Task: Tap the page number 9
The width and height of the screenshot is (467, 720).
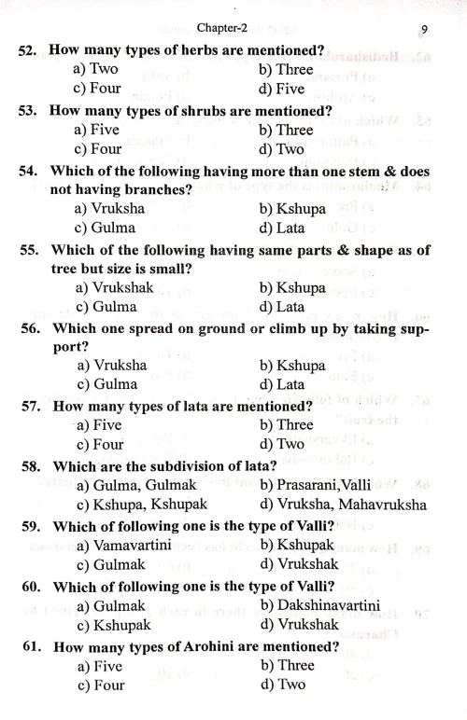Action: (424, 27)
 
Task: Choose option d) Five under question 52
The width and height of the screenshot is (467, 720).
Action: (282, 90)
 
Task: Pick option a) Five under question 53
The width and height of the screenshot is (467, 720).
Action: (95, 131)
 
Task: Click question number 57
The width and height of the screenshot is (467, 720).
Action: (33, 407)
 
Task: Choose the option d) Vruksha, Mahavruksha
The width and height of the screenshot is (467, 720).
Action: (344, 505)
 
